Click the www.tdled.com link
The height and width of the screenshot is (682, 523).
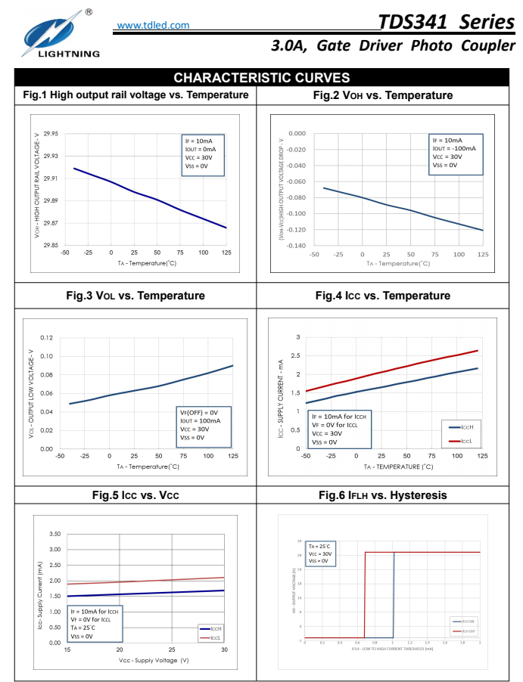(154, 26)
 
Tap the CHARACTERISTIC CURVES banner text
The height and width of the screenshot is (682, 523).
(261, 78)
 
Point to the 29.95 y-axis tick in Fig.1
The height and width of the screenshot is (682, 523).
(51, 134)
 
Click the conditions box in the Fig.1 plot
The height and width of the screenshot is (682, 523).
(203, 155)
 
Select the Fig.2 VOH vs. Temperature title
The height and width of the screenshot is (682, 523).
(383, 95)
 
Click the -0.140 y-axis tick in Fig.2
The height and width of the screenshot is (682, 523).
(297, 246)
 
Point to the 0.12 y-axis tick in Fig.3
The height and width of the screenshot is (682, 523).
(46, 337)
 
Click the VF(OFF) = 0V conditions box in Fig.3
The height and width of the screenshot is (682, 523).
(202, 425)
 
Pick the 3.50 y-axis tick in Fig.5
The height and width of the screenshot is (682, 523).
(54, 534)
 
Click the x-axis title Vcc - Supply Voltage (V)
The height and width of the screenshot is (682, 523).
(154, 660)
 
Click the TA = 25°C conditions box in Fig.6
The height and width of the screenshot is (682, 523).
(318, 553)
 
